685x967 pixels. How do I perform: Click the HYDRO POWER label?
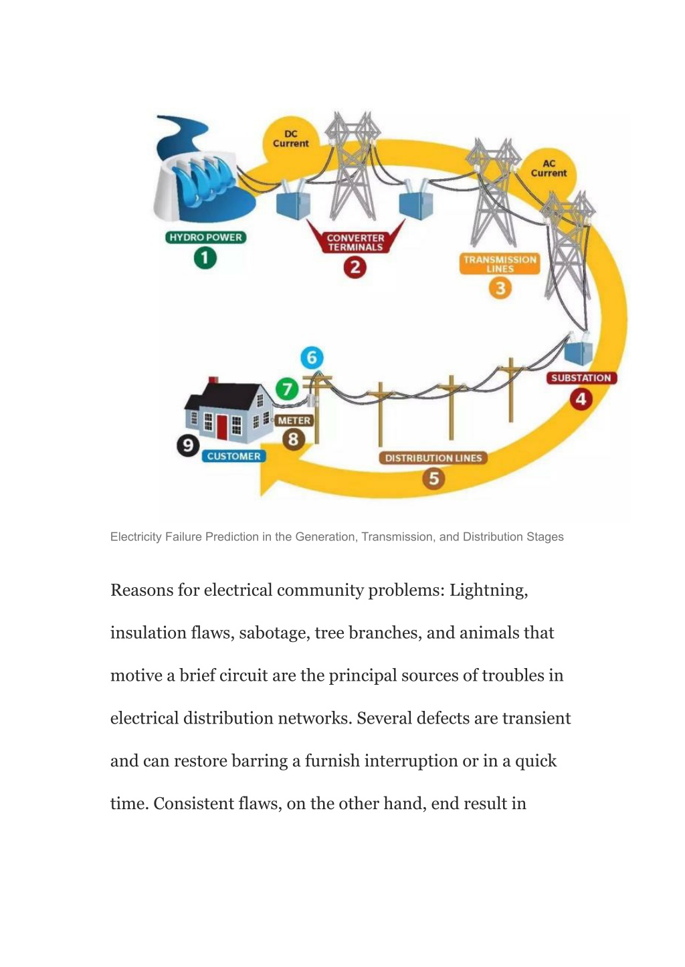tap(205, 237)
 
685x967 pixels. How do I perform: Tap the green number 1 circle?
tap(205, 258)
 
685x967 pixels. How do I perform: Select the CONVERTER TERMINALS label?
tap(355, 242)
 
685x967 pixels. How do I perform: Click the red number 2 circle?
tap(355, 267)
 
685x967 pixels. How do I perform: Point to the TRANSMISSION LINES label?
tap(500, 263)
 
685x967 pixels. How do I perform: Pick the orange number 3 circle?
tap(500, 288)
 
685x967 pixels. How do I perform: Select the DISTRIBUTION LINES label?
tap(433, 458)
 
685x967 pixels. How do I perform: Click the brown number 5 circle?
tap(433, 479)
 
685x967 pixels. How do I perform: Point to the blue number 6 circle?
tap(312, 358)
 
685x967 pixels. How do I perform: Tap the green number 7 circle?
tap(287, 389)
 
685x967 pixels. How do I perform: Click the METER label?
tap(294, 421)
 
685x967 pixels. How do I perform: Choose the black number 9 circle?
tap(188, 445)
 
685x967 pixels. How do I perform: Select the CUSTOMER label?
tap(233, 456)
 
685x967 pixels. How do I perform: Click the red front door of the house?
tap(222, 427)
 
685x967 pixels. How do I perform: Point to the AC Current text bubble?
tap(549, 169)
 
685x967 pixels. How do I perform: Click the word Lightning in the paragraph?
tap(488, 590)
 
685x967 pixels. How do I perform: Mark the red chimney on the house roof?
tap(213, 380)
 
